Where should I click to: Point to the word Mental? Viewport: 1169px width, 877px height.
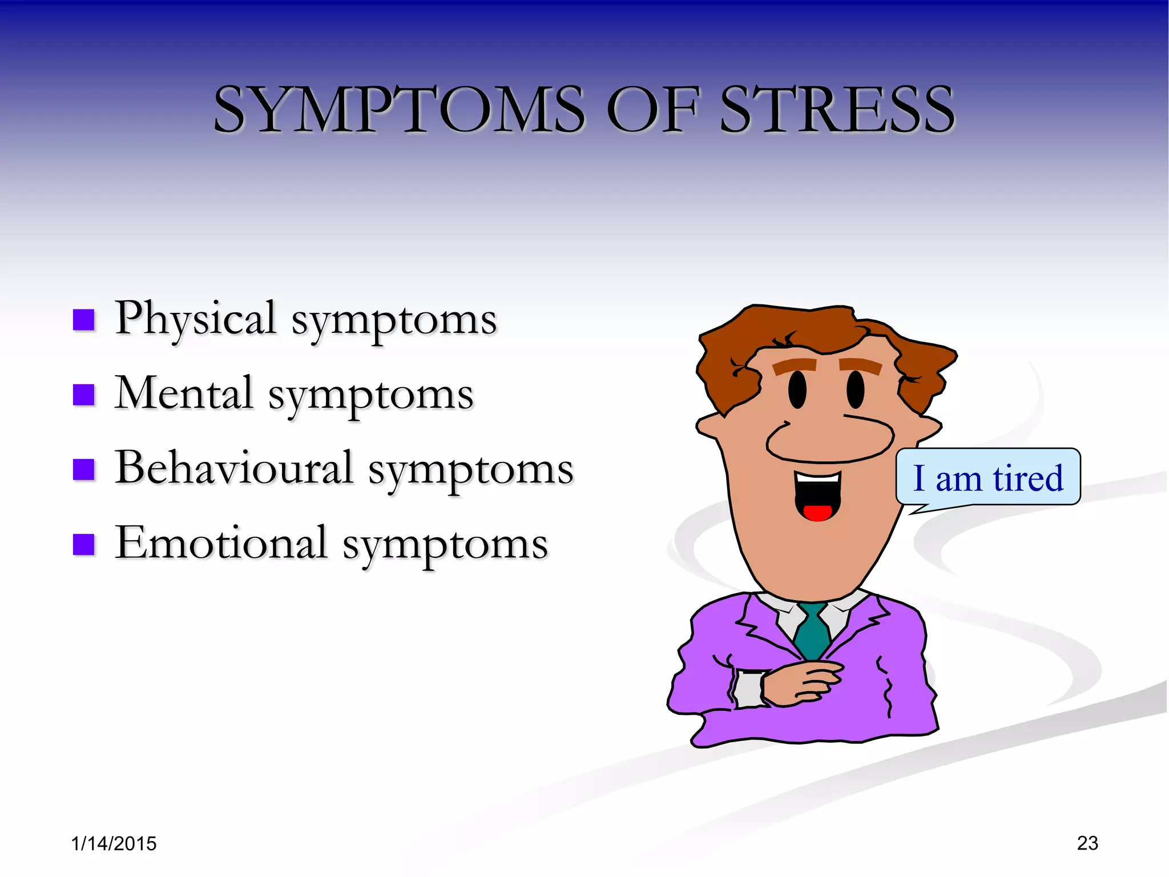tap(184, 394)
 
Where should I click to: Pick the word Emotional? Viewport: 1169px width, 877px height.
tap(221, 544)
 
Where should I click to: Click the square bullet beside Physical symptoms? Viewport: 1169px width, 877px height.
tap(84, 320)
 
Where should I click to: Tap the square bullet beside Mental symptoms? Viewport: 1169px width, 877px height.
tap(84, 395)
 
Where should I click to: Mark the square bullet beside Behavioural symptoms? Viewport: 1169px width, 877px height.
tap(84, 470)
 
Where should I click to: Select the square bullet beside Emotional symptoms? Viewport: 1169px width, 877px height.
tap(84, 545)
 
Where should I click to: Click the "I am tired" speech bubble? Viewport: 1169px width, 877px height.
tap(988, 477)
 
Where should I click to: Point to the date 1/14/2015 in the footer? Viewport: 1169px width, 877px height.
tap(114, 843)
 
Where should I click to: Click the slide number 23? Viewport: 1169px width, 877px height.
tap(1087, 843)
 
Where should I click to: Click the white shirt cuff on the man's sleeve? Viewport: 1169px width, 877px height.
tap(747, 689)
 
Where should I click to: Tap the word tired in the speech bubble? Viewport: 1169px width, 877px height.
tap(1028, 478)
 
